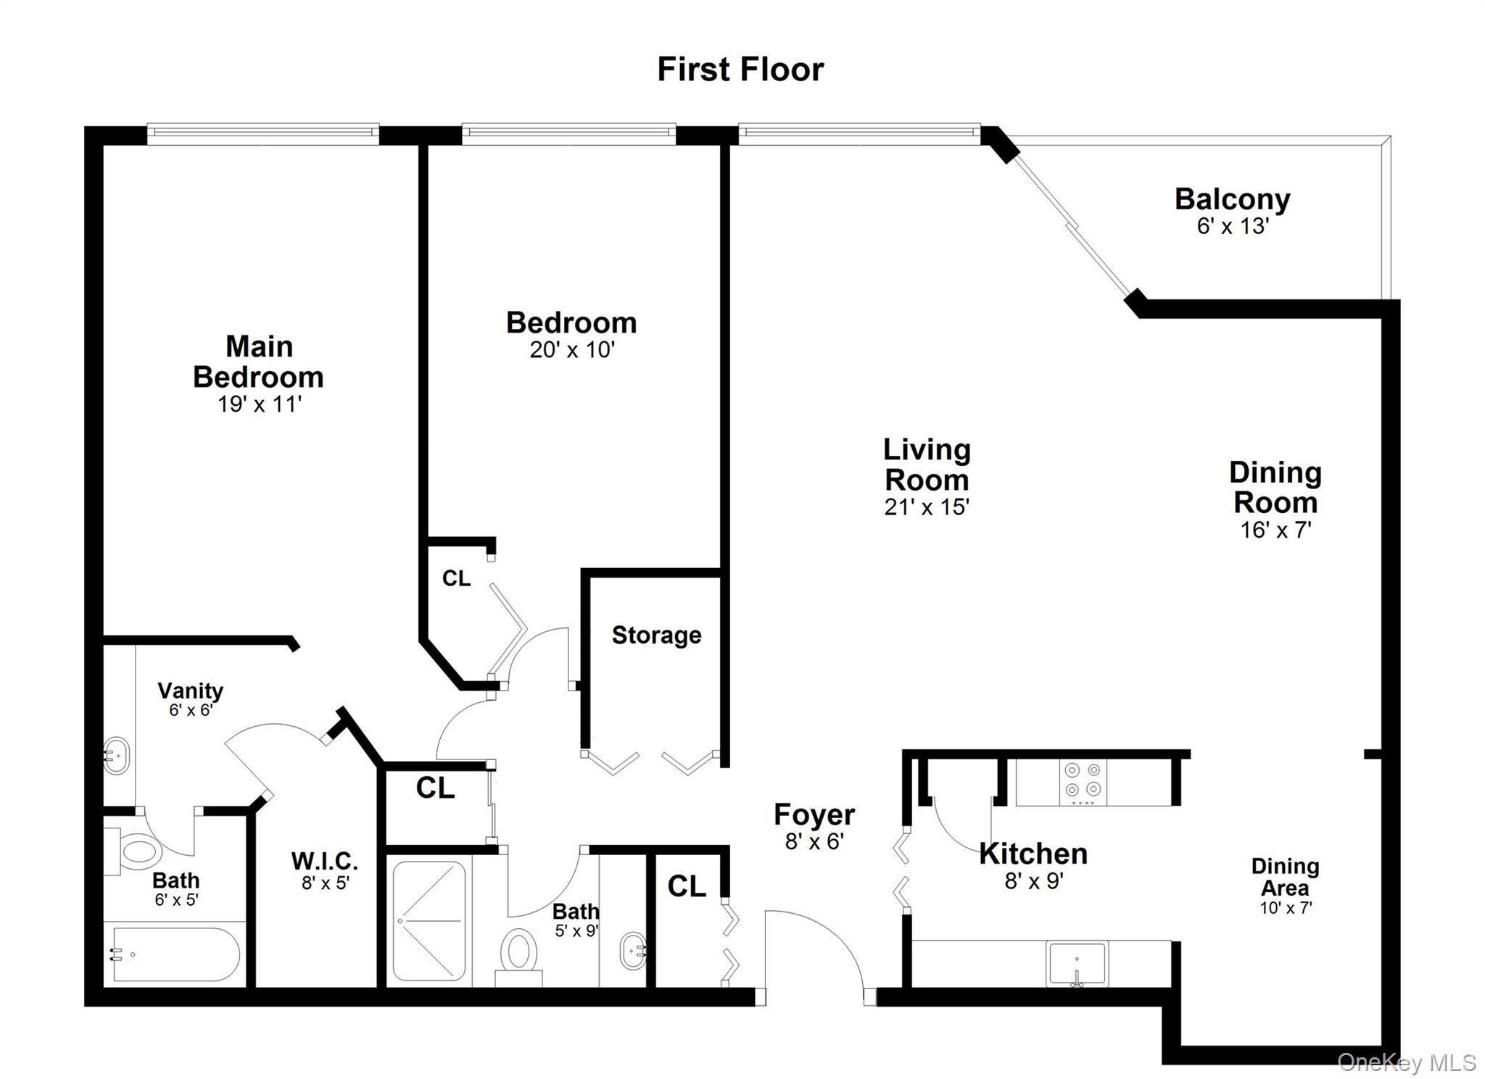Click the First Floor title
tap(740, 70)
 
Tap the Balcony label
tap(1232, 199)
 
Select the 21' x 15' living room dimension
tap(926, 507)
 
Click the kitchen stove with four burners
tap(1083, 783)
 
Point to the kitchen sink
tap(1077, 963)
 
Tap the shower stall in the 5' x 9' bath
tap(429, 921)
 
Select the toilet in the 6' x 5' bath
tap(138, 850)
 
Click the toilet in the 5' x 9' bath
tap(518, 952)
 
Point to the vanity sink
tap(116, 756)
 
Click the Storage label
tap(656, 636)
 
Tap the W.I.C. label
tap(324, 861)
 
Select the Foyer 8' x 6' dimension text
tap(814, 841)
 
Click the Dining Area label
tap(1285, 877)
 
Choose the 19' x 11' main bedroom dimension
tap(259, 404)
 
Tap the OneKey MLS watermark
tap(1406, 1062)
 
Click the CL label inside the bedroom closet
tap(456, 578)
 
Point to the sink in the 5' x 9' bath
tap(633, 951)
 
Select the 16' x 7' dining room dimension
tap(1275, 530)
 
